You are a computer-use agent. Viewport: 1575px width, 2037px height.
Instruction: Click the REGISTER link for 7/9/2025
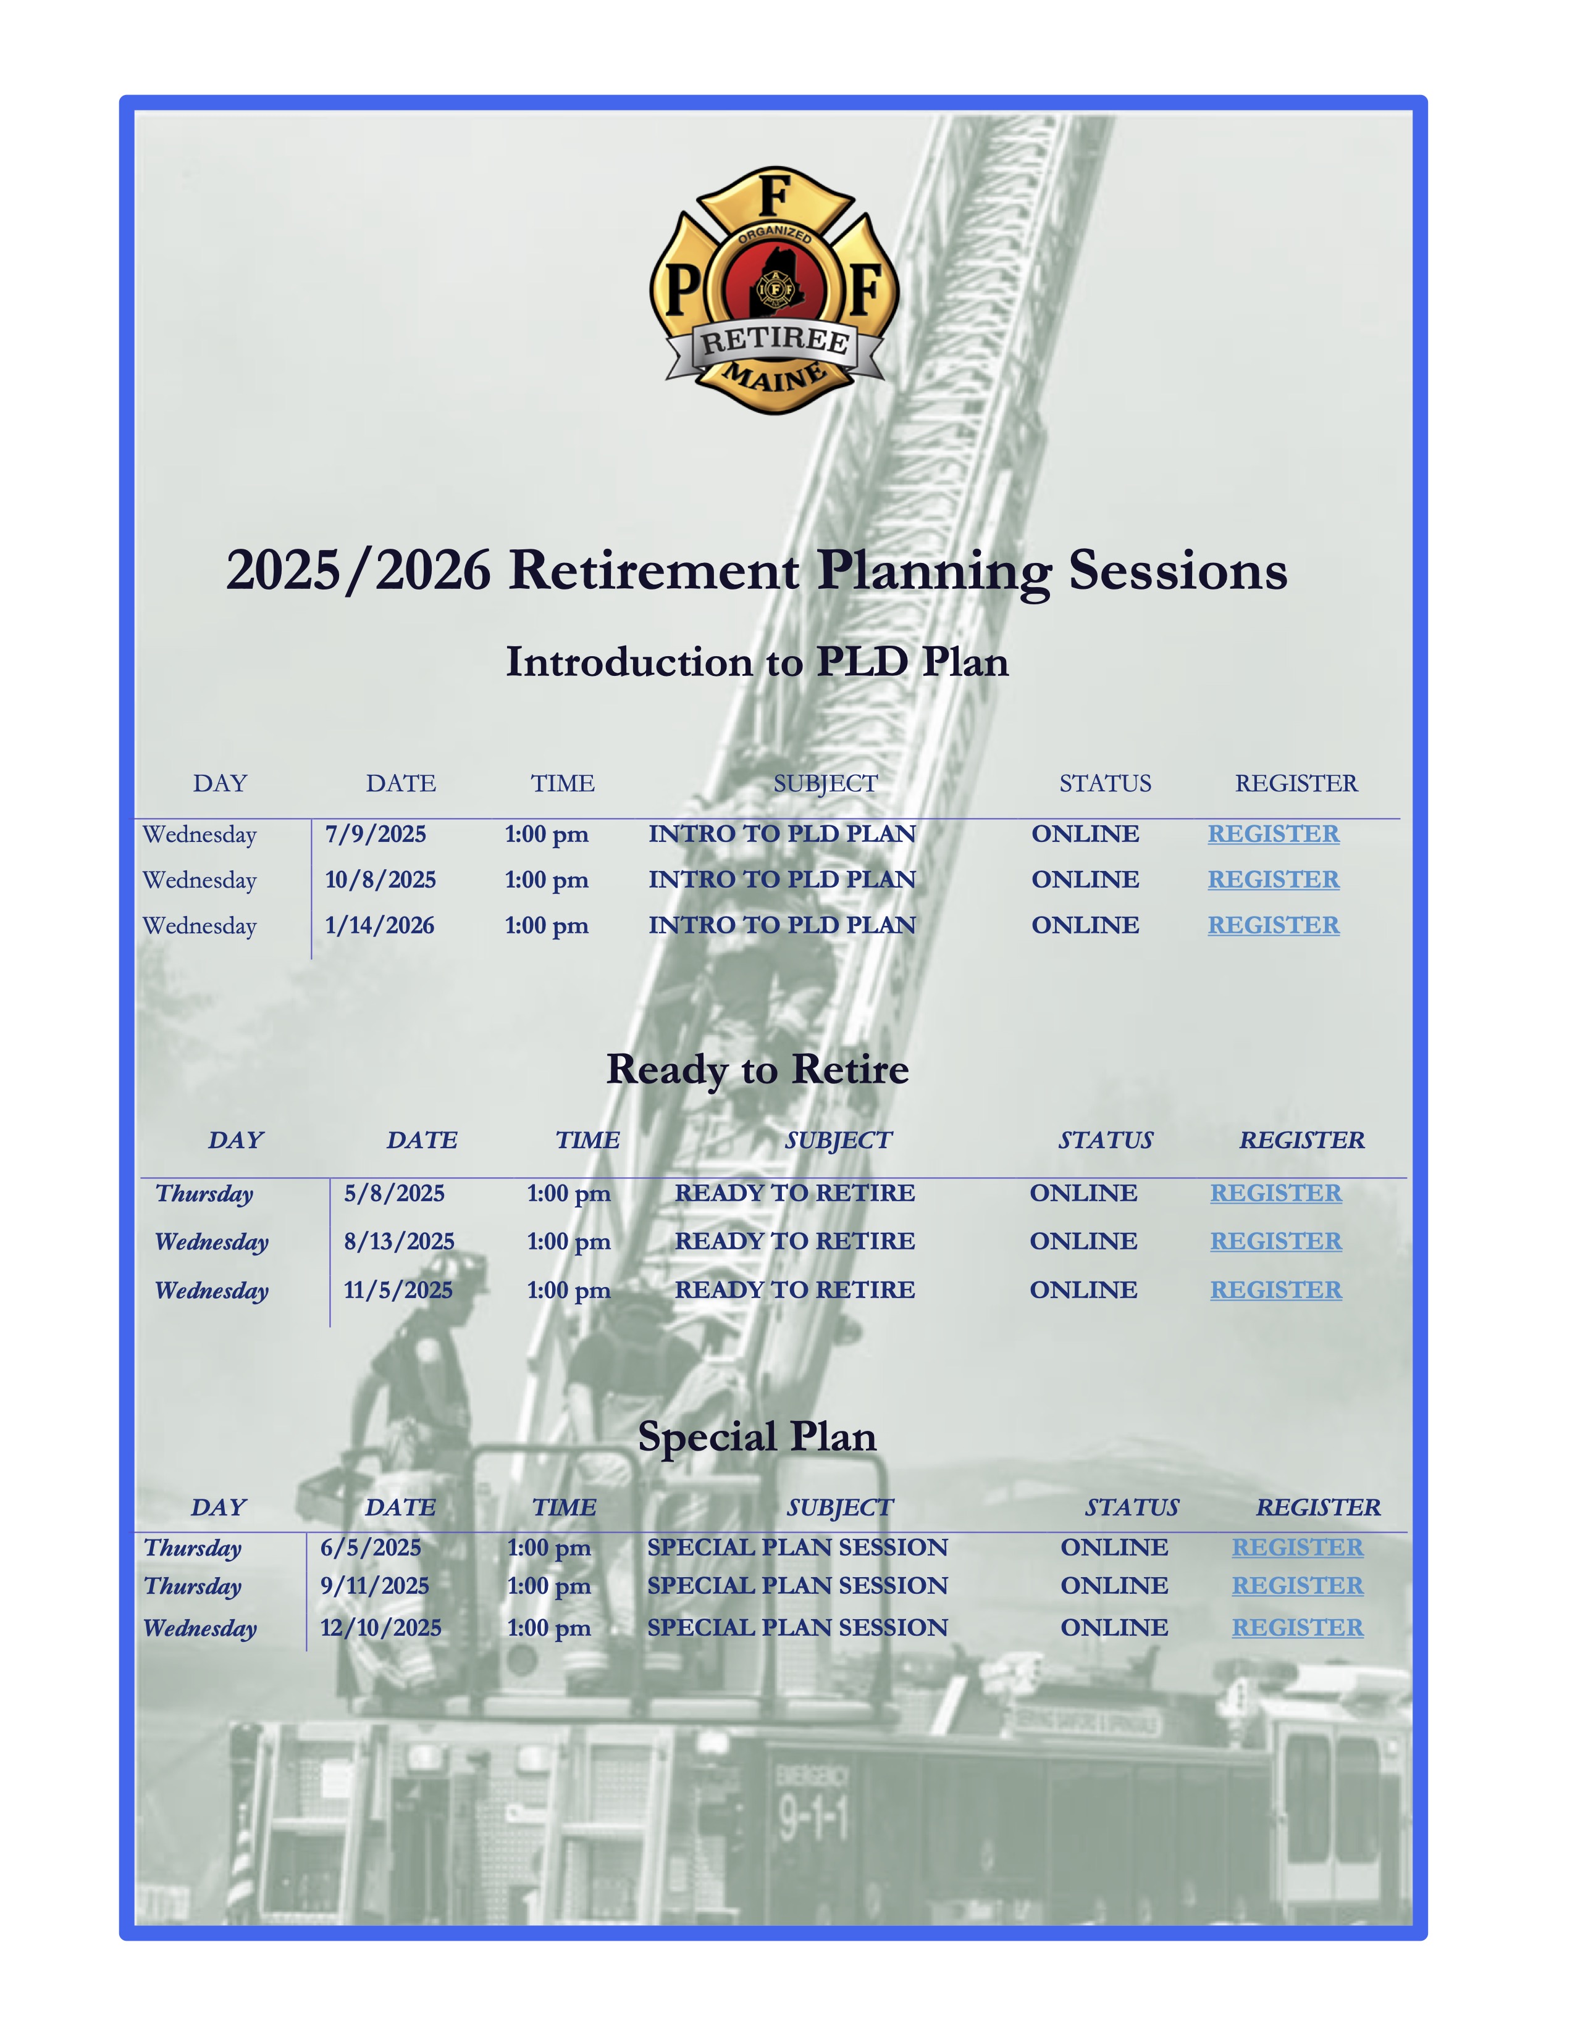tap(1273, 834)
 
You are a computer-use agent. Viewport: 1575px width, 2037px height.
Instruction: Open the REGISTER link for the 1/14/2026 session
tap(1273, 925)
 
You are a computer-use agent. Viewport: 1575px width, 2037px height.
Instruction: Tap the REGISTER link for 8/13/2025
tap(1275, 1241)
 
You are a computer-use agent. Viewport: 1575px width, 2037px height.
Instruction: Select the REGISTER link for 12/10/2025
tap(1297, 1628)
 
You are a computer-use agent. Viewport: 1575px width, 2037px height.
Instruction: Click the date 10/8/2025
tap(380, 880)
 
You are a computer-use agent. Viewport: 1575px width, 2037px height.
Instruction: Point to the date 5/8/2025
tap(394, 1194)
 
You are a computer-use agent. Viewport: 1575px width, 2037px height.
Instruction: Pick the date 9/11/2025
tap(374, 1586)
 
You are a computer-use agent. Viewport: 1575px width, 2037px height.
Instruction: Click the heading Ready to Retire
tap(757, 1069)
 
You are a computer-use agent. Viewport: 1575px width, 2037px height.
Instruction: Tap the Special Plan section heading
tap(757, 1436)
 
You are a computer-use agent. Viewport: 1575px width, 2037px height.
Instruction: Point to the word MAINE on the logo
tap(775, 377)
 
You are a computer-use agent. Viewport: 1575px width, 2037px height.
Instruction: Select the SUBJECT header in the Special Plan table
tap(839, 1507)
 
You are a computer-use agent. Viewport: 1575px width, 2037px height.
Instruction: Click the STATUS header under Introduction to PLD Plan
tap(1105, 783)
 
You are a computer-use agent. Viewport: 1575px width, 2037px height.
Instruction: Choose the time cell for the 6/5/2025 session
tap(548, 1548)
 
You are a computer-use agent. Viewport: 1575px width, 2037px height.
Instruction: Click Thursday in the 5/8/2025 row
tap(204, 1194)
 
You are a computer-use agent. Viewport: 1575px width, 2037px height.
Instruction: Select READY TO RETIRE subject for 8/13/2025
tap(794, 1241)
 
